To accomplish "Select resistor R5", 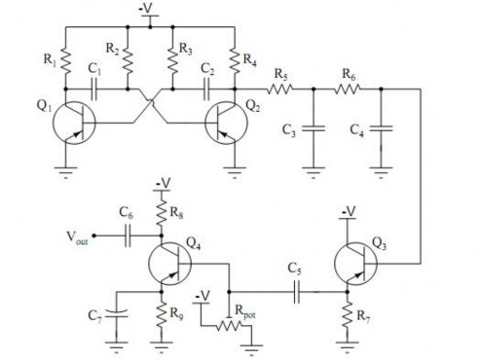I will pos(279,87).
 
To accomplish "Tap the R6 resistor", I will pos(349,87).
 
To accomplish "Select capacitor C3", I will pos(313,126).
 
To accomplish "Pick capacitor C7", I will pos(117,314).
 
